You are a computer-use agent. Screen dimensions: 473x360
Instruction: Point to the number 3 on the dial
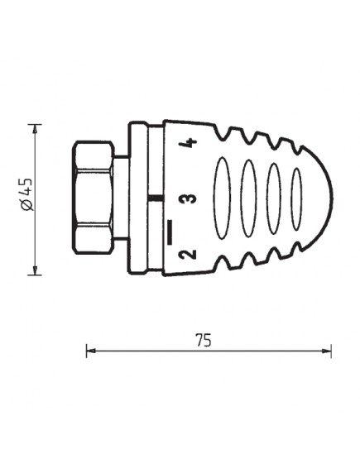190,198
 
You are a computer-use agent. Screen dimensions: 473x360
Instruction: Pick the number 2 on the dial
190,254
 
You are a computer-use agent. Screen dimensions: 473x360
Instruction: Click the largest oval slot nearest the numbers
223,198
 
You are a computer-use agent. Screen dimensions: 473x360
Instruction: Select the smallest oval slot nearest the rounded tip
297,198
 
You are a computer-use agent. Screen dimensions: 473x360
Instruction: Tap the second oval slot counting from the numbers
249,198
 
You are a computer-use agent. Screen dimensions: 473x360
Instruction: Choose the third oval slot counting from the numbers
275,198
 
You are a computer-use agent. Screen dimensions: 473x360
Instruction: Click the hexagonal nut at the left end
94,198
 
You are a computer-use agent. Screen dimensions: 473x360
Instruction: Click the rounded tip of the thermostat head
329,198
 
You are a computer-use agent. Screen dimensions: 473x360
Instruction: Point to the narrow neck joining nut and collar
121,198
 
